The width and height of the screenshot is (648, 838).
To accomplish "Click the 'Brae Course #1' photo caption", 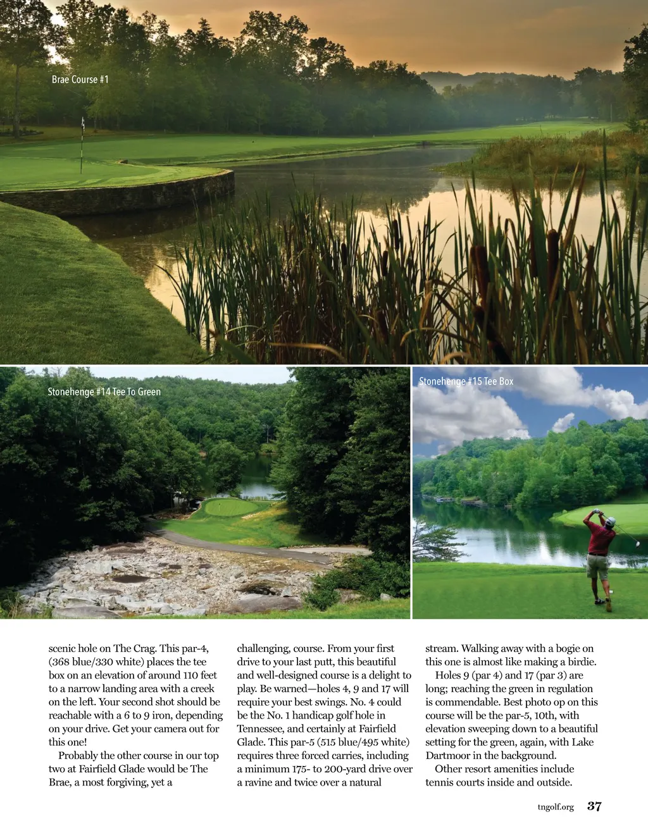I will point(80,80).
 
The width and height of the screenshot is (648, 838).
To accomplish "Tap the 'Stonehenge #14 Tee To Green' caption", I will point(104,392).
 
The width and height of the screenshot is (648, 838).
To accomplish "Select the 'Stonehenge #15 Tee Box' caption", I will point(466,381).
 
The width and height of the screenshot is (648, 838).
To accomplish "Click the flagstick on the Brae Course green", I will point(82,145).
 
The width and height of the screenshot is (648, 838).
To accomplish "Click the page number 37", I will point(594,806).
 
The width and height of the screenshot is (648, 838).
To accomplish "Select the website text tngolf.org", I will point(556,807).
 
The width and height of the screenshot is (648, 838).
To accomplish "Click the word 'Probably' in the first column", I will point(78,756).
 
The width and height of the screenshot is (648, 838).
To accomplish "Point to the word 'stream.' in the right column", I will point(442,649).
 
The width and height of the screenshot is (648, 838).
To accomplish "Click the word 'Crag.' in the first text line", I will point(144,649).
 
